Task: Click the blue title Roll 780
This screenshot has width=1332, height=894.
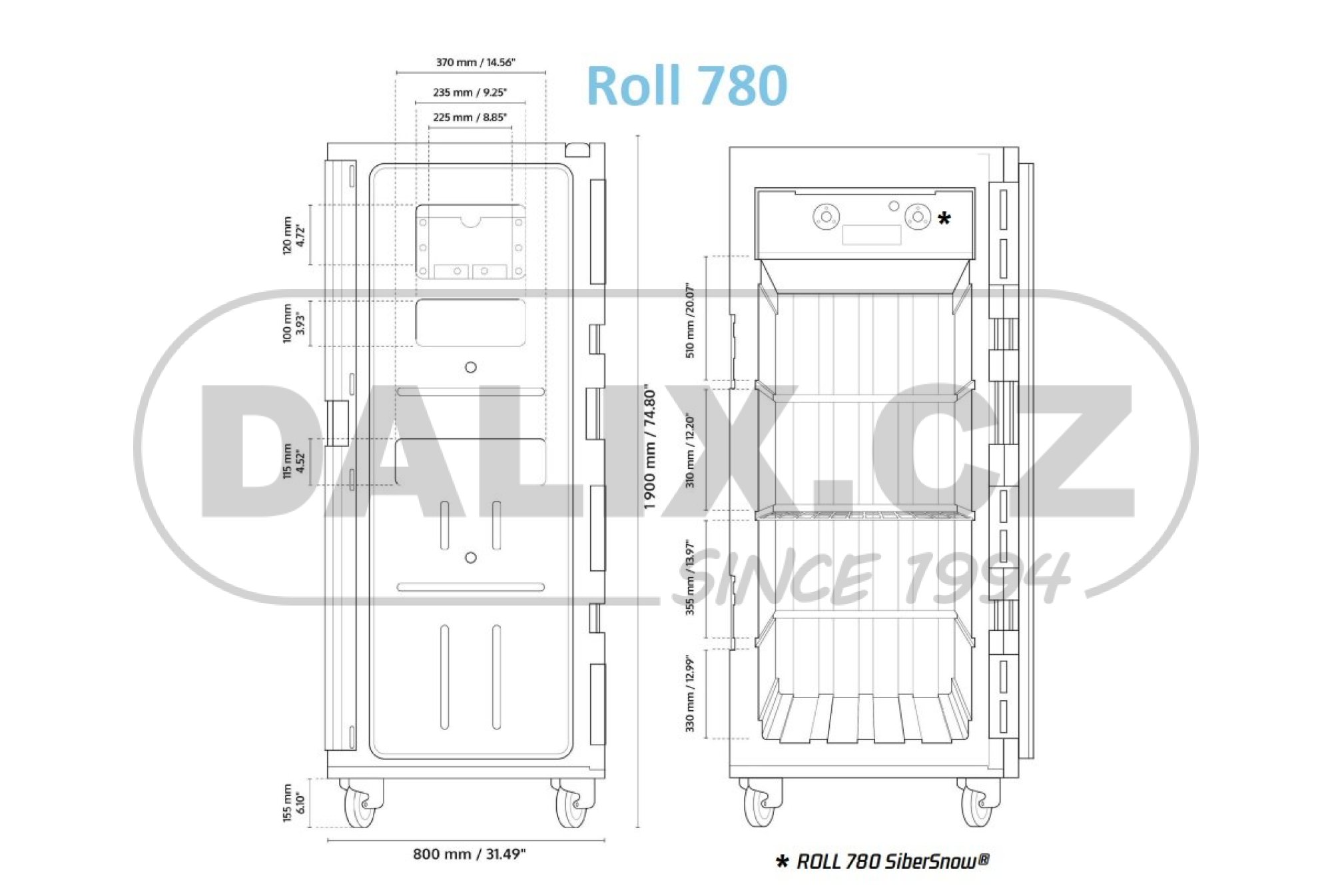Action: pyautogui.click(x=687, y=85)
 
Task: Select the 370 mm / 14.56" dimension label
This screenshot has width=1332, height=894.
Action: pyautogui.click(x=476, y=63)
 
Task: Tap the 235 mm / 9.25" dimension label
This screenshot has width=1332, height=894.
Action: pyautogui.click(x=470, y=93)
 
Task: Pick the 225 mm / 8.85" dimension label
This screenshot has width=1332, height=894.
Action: pyautogui.click(x=470, y=117)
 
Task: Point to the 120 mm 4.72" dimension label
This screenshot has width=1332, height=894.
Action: pyautogui.click(x=293, y=234)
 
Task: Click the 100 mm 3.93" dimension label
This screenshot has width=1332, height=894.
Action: pyautogui.click(x=293, y=323)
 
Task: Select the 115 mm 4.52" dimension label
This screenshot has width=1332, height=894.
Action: pyautogui.click(x=293, y=460)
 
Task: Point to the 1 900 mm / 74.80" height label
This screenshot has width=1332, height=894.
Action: pyautogui.click(x=650, y=449)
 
